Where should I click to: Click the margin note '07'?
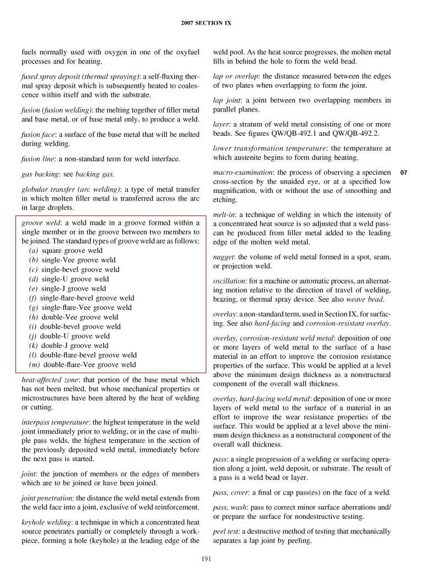click(403, 173)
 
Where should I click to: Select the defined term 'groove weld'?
click(40, 223)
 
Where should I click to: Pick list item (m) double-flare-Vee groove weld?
click(83, 364)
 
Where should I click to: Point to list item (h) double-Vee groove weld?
click(73, 317)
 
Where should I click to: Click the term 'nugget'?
click(223, 257)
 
